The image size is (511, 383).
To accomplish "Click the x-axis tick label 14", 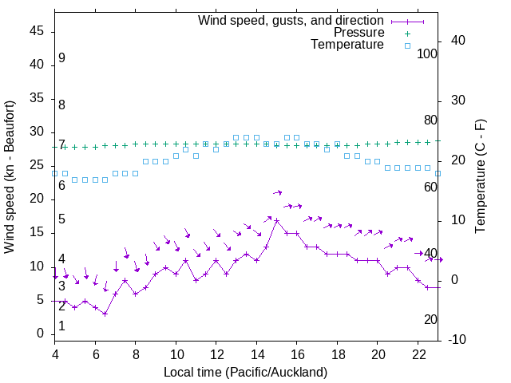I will tap(256, 355).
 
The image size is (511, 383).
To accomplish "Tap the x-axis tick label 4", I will tap(55, 355).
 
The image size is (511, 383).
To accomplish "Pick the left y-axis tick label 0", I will tap(42, 334).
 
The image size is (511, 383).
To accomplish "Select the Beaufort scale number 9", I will tap(61, 58).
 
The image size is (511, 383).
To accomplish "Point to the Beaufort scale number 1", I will tap(61, 326).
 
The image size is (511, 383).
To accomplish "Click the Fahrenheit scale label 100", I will tap(427, 54).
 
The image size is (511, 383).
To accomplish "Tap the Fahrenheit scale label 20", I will tap(430, 319).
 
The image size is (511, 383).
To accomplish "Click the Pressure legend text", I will tap(359, 33).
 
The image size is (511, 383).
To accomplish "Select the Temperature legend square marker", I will tap(407, 45).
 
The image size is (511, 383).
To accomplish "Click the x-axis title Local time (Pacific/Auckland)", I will tap(245, 373).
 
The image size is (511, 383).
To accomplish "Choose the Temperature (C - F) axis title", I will tap(480, 177).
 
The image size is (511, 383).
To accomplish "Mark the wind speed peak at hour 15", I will tap(277, 220).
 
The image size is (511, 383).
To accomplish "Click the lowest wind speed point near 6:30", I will tap(105, 314).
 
